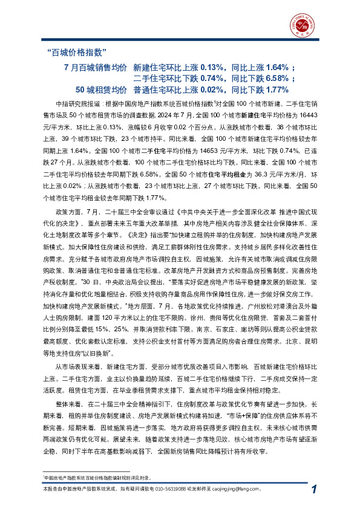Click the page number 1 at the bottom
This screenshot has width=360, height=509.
click(x=312, y=490)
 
